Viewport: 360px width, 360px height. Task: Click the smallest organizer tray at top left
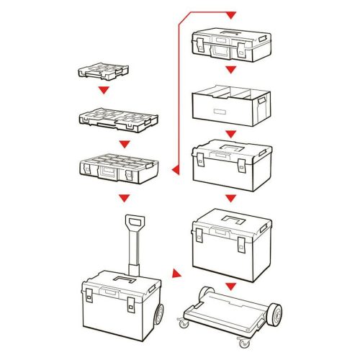coord(104,72)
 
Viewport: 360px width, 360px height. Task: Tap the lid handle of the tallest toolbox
coord(233,218)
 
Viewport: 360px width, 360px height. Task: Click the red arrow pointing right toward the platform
coord(176,274)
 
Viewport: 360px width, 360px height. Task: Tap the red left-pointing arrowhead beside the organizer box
coord(174,170)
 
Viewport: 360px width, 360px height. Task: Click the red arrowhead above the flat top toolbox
coord(230,15)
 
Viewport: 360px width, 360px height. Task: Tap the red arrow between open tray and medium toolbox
coord(230,134)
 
